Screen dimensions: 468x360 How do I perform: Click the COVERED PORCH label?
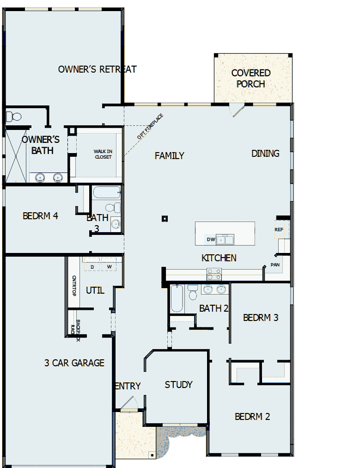click(x=251, y=78)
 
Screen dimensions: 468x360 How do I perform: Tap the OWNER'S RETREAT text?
click(x=98, y=69)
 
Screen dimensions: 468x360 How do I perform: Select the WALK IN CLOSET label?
click(x=103, y=154)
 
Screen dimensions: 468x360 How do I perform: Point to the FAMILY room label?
click(x=170, y=156)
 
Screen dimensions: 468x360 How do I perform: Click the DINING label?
click(x=265, y=154)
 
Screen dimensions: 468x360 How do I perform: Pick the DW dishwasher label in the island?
click(x=211, y=240)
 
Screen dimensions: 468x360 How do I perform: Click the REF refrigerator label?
click(x=279, y=229)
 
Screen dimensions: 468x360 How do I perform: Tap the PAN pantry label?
click(x=275, y=265)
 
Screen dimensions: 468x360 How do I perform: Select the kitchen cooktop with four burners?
click(x=214, y=274)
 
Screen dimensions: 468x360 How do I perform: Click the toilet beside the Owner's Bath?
click(x=14, y=116)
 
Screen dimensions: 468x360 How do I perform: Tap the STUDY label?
click(x=178, y=385)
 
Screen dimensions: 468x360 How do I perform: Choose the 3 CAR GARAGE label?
click(x=74, y=363)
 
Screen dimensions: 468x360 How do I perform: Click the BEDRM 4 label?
click(x=40, y=216)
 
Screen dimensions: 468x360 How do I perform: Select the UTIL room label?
click(x=95, y=290)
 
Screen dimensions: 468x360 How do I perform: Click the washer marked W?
click(x=110, y=267)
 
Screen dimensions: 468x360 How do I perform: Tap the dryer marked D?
click(x=92, y=267)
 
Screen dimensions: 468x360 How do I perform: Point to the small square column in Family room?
click(x=165, y=219)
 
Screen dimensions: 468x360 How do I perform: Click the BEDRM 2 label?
click(x=252, y=417)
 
